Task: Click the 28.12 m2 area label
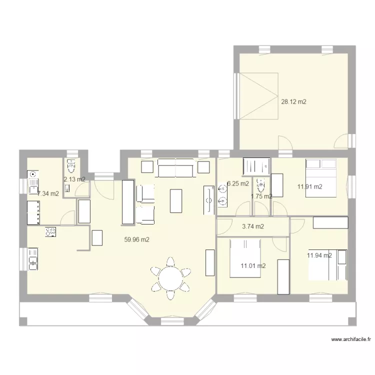coord(293,102)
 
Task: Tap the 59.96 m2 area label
coord(137,239)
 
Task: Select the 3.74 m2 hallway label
coord(253,226)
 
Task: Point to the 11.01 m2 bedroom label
coord(253,265)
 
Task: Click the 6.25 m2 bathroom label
coord(238,183)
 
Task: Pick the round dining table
coord(170,278)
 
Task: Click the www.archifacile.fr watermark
coord(351,339)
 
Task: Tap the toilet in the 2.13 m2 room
coord(71,166)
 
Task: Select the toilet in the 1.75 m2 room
coord(260,183)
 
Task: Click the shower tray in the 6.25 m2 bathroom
coord(256,166)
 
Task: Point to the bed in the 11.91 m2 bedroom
coord(321,178)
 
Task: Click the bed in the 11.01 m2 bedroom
coord(245,258)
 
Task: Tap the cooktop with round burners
coord(50,232)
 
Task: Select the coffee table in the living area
coord(176,201)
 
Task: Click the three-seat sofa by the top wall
coord(175,168)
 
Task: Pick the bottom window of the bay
coord(170,321)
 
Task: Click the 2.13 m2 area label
coord(74,179)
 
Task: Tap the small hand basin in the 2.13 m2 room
coord(67,188)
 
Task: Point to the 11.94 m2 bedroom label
coord(319,255)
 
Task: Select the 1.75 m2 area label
coord(261,196)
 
